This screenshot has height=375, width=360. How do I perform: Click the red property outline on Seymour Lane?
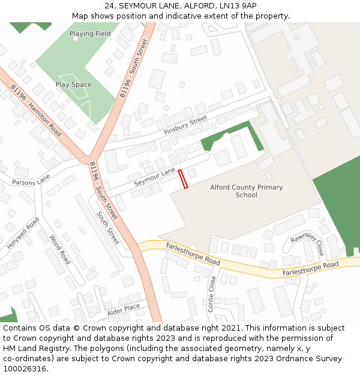pos(183,179)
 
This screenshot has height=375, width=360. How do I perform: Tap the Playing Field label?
pos(90,34)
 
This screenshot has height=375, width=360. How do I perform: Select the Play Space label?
pos(73,85)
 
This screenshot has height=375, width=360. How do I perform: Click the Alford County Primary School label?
pos(246,191)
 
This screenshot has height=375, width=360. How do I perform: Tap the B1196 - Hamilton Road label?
pos(36,110)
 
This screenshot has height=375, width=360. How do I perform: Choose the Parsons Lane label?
pos(31,179)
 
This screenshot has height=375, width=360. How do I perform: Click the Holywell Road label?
pos(23,233)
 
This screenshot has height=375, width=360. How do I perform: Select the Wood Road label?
pos(61,249)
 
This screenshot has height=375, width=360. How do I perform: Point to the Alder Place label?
pos(123,310)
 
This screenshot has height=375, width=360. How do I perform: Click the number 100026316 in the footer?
pos(24,368)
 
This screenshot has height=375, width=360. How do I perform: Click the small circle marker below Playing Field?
pos(76,39)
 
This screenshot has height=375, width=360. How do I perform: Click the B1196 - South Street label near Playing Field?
pos(133,68)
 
